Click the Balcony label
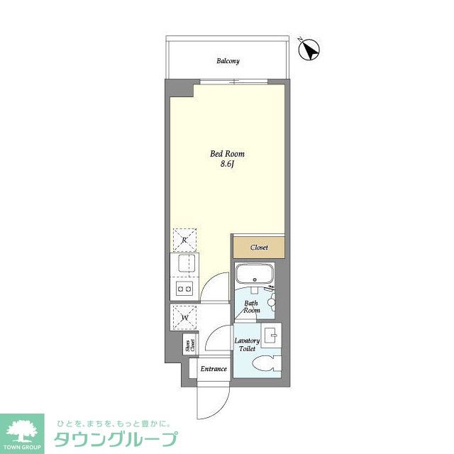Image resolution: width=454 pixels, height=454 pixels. (228, 61)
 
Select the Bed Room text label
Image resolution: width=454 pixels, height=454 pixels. (227, 154)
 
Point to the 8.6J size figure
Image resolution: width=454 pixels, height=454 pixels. (227, 165)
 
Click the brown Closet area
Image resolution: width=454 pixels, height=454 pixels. (259, 248)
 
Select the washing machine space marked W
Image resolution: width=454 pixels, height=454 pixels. (184, 316)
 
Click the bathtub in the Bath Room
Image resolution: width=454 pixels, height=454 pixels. (254, 275)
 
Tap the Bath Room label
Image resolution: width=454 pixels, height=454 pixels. (252, 306)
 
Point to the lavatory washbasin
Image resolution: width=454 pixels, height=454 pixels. (270, 335)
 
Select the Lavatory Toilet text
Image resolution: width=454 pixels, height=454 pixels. (246, 345)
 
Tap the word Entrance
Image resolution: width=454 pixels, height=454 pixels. (213, 369)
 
